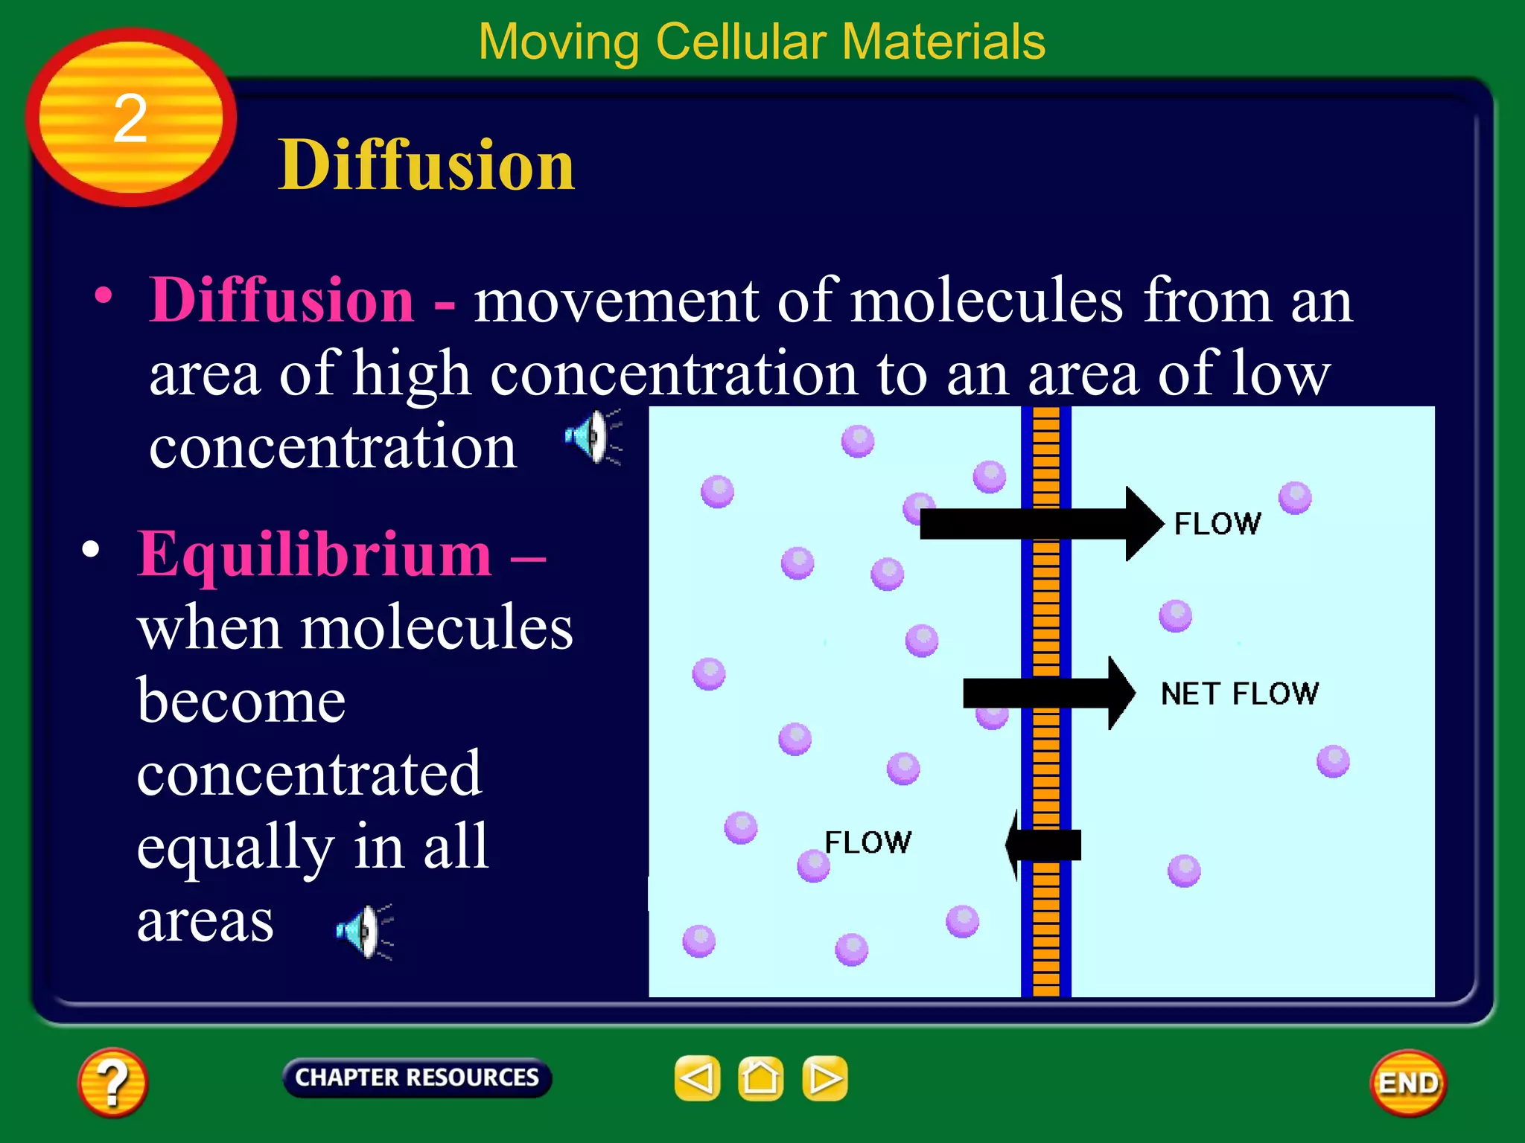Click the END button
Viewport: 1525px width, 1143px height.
(1407, 1083)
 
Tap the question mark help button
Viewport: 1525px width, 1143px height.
(112, 1083)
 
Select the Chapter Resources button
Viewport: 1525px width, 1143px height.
(417, 1078)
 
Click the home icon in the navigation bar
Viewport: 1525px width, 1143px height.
(760, 1078)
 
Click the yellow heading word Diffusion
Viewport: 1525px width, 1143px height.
(426, 165)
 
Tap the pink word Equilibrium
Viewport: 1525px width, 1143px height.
(314, 554)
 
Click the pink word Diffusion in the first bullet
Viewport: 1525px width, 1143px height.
(281, 300)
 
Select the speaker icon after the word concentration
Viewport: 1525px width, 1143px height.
(593, 437)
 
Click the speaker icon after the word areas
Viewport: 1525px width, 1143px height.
(364, 931)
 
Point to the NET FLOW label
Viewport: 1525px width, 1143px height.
(1240, 694)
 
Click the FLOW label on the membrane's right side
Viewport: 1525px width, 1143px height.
(1217, 524)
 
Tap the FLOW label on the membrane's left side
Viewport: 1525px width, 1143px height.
(867, 842)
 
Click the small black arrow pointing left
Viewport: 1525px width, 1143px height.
(1042, 845)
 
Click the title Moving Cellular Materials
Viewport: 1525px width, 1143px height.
(762, 42)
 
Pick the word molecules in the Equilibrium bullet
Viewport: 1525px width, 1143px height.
(436, 627)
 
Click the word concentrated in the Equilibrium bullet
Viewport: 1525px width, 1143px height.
(310, 774)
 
